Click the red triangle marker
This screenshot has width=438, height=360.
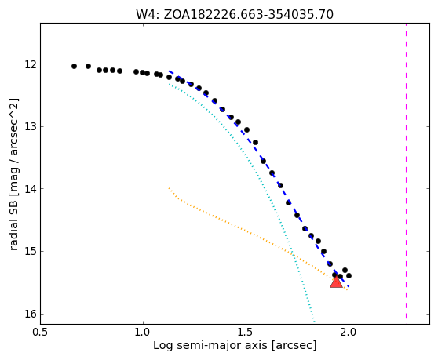point(336,282)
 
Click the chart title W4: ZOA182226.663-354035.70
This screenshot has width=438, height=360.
point(235,14)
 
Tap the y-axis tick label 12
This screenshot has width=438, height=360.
point(31,64)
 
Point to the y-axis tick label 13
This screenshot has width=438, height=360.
point(31,126)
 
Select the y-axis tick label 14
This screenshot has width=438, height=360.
point(31,189)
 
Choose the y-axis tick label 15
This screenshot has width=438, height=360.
point(31,252)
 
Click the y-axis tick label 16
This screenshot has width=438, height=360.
point(31,314)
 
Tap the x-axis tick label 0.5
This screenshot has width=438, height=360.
point(41,332)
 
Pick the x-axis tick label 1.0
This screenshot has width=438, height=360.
point(143,332)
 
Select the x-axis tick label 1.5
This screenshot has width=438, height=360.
point(246,332)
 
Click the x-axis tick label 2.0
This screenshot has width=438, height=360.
point(349,332)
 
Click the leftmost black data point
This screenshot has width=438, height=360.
point(74,66)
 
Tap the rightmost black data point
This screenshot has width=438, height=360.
point(349,275)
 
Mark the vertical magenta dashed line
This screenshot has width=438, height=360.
point(406,171)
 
